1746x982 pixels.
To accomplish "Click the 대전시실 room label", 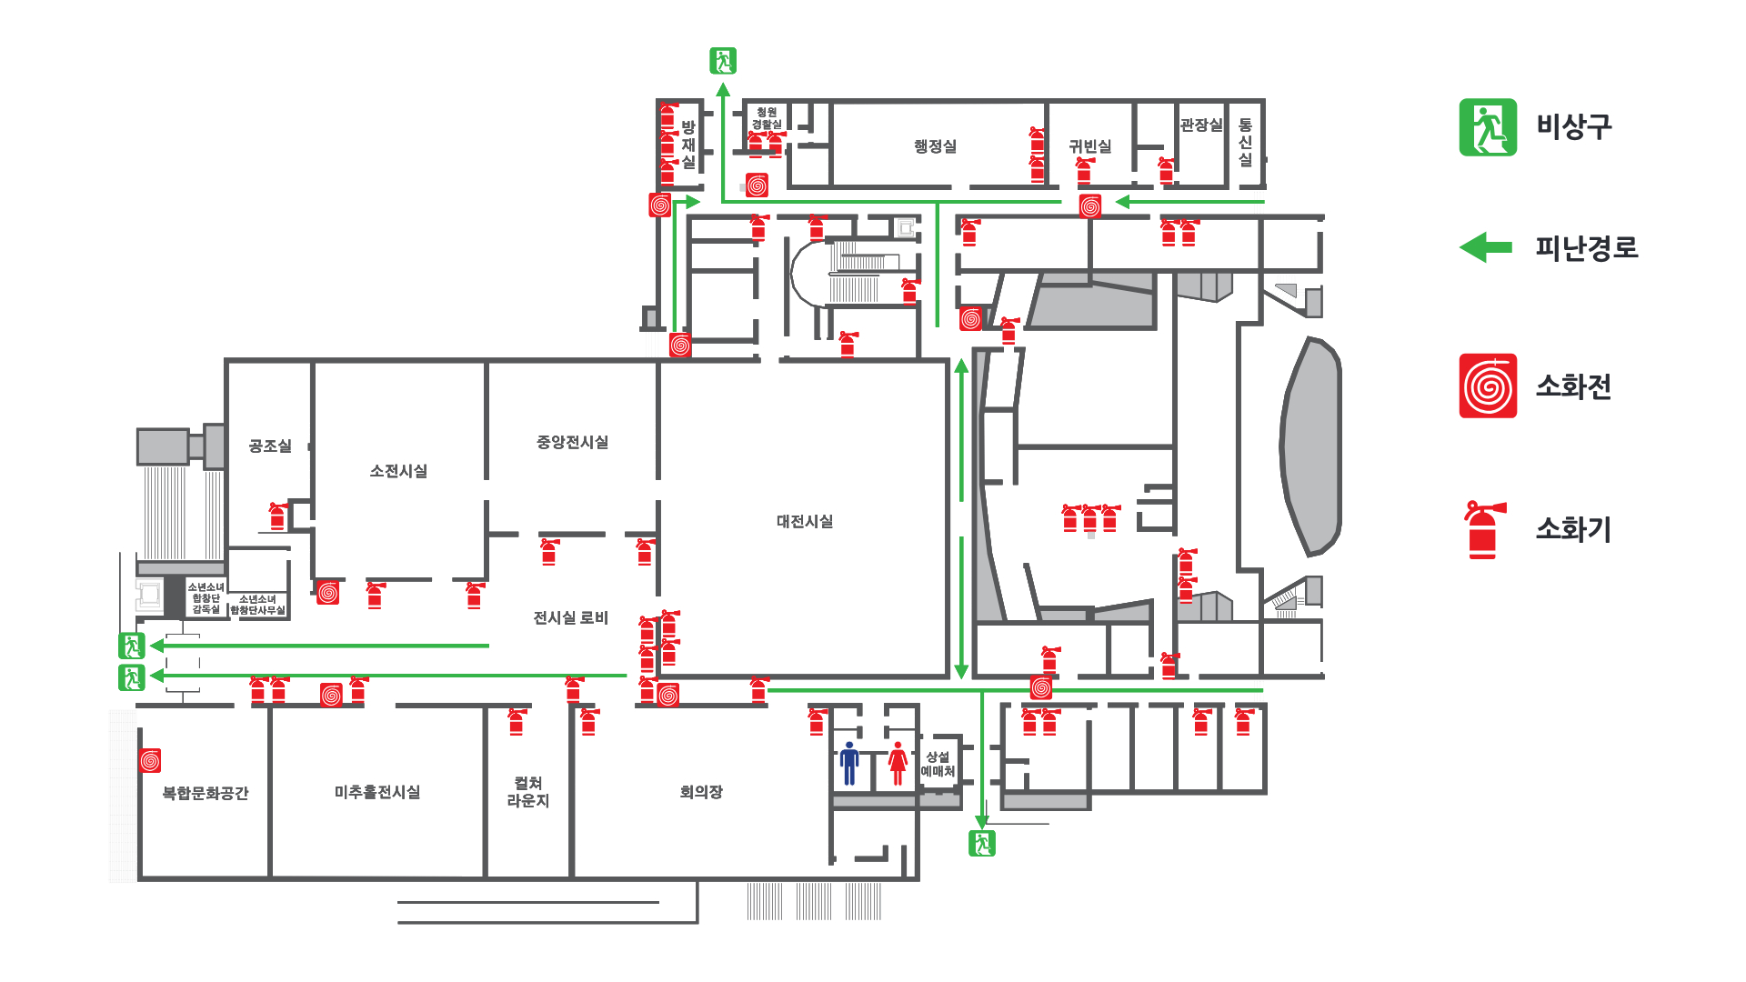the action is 805,521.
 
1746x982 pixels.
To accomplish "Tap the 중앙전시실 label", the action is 572,442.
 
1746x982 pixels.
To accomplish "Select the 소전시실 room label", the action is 398,471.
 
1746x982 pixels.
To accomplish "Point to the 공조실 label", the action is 270,446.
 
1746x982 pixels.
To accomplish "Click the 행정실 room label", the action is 935,146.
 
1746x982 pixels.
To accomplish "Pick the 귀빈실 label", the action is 1089,146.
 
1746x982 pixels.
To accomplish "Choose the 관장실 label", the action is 1201,125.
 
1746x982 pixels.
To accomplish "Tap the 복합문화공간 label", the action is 206,793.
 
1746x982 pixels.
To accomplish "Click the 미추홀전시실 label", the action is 377,792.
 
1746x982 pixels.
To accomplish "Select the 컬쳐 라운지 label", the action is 528,792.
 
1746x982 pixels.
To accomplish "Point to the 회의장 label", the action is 701,792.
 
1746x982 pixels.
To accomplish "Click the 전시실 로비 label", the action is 570,617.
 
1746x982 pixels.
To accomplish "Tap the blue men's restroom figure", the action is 849,763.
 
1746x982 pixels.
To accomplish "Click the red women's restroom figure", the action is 898,763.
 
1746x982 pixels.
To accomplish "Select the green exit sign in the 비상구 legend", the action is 1488,127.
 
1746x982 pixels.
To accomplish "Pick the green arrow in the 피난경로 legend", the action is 1486,247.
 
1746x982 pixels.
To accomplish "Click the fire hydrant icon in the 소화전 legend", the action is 1488,386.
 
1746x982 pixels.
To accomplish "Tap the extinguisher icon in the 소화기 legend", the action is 1484,529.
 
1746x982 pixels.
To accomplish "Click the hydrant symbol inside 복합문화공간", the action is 150,760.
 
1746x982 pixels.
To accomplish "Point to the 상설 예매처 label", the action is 938,764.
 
